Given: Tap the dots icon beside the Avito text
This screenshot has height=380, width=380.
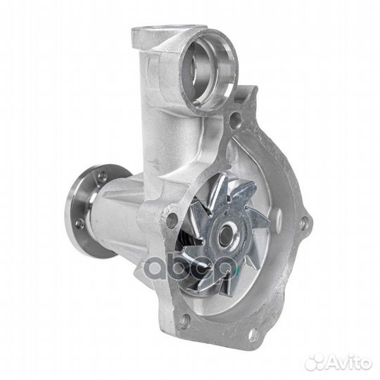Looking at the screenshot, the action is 315,363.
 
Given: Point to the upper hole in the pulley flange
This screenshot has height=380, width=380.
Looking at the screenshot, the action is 103,175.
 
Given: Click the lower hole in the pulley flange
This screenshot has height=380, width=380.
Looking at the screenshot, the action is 80,224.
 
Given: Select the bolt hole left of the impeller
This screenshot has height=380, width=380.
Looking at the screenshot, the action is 172,220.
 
